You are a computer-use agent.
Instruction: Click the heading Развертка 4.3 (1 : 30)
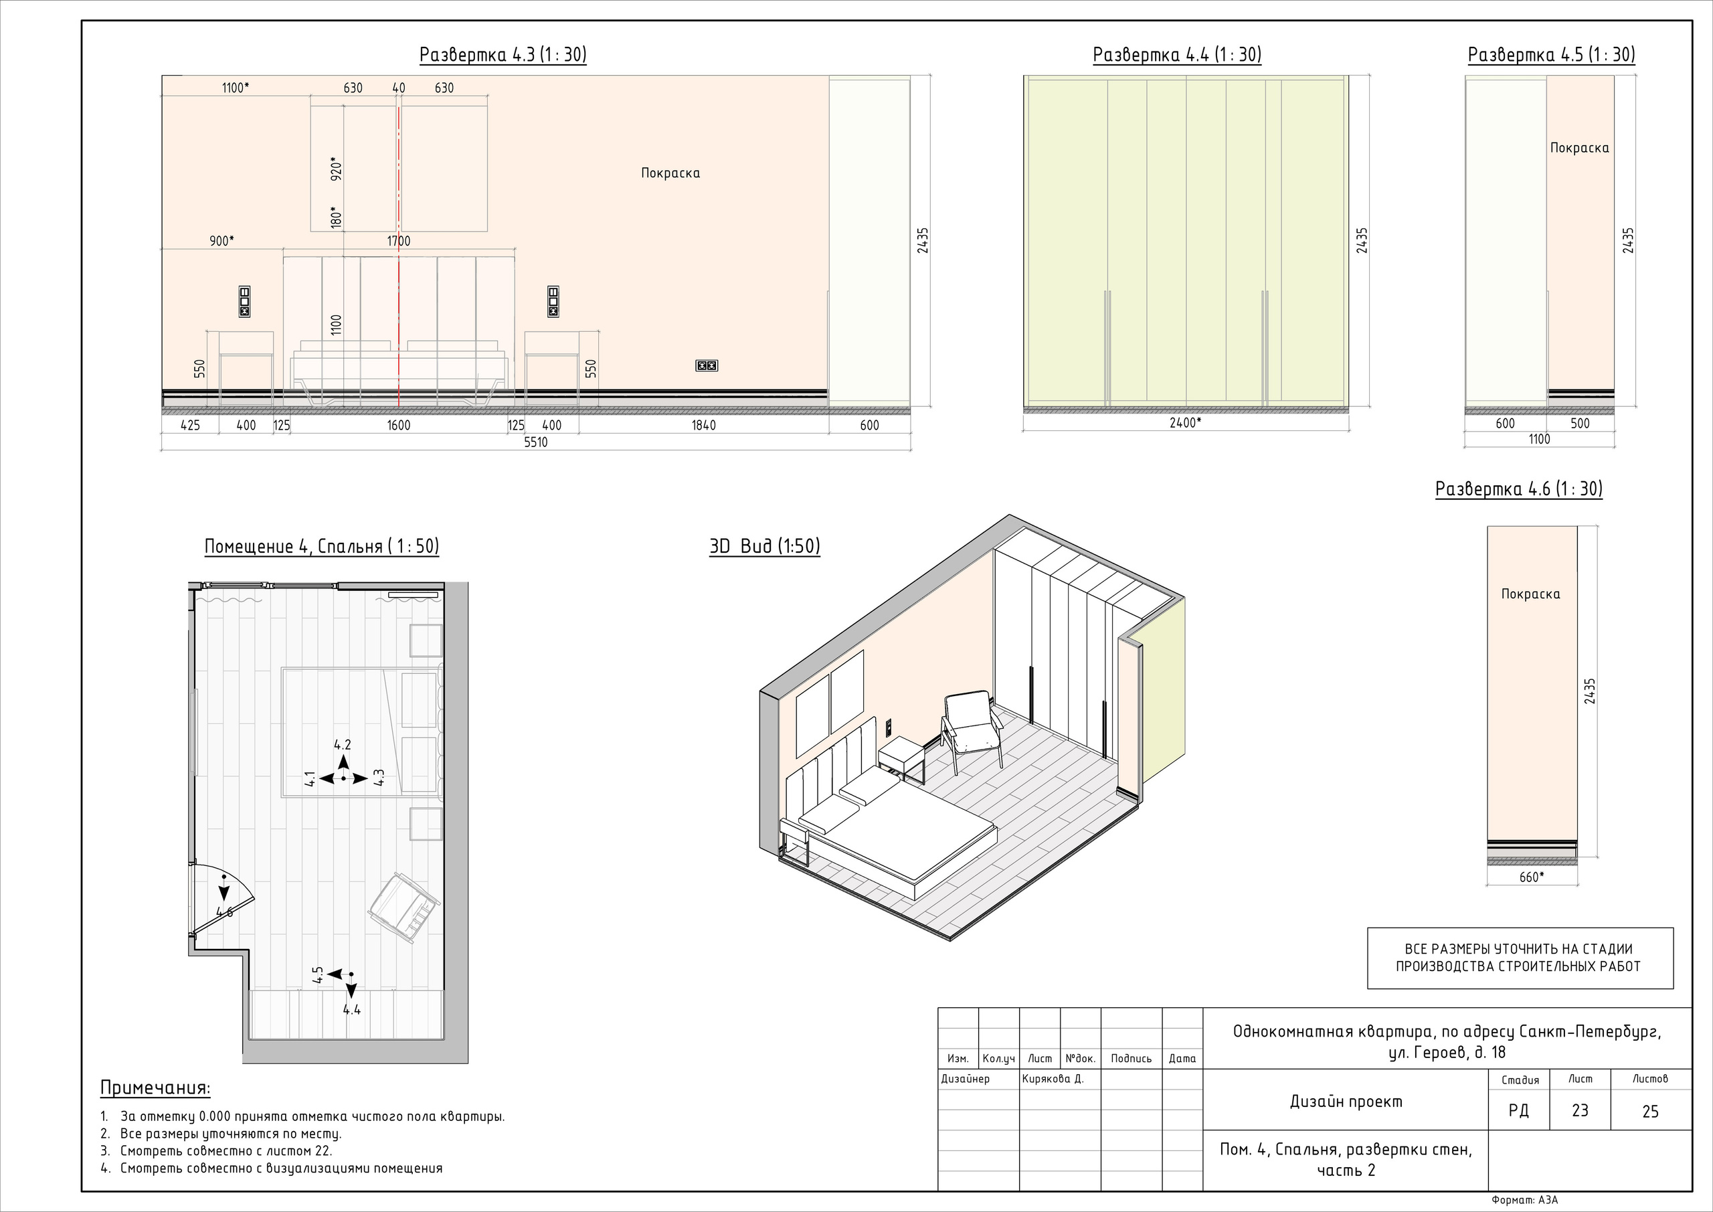click(503, 56)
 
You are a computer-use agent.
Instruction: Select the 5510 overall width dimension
click(536, 442)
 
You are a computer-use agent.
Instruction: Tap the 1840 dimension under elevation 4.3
click(703, 426)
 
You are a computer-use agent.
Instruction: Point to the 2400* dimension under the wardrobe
click(1185, 422)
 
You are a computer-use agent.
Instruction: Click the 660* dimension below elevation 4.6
click(1532, 877)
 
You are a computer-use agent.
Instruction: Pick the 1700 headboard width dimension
click(398, 241)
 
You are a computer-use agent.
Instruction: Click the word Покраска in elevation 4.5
click(1579, 148)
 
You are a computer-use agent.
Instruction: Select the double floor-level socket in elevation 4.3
click(707, 365)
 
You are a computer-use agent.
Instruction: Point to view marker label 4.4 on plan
click(352, 1010)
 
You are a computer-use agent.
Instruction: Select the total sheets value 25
click(1650, 1111)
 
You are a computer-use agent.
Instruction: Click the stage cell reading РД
click(1518, 1110)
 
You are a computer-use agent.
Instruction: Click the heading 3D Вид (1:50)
click(765, 546)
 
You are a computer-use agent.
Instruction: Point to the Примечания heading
click(155, 1088)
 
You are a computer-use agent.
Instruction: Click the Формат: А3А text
click(1525, 1200)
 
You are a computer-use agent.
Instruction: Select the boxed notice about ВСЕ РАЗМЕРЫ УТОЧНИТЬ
click(1520, 958)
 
